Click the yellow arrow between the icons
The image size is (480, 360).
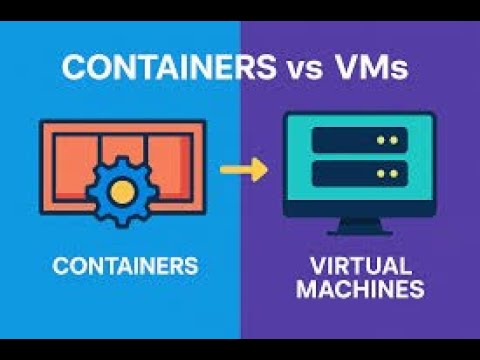pos(243,169)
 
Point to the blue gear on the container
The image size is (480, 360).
pos(122,186)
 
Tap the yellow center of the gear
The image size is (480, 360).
pos(122,187)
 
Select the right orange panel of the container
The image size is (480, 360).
pos(170,160)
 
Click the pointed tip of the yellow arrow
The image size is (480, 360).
pos(265,169)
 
